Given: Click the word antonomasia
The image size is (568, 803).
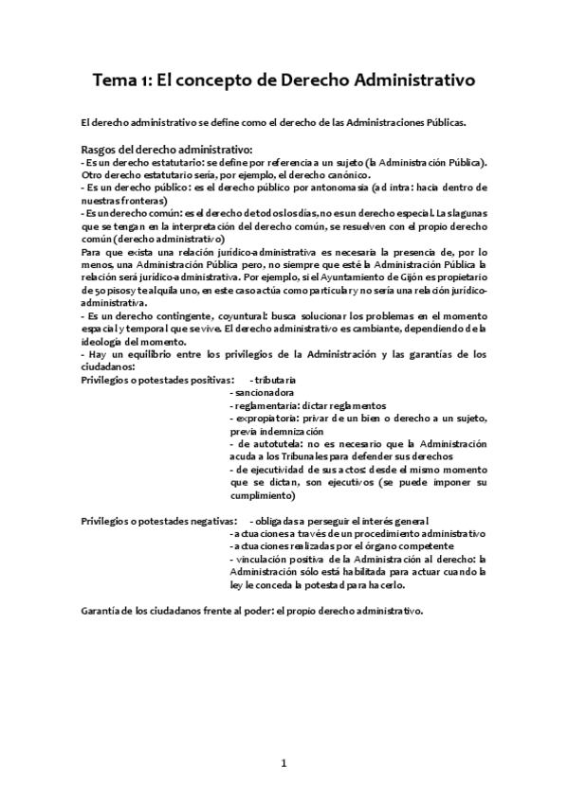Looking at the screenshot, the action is [x=338, y=187].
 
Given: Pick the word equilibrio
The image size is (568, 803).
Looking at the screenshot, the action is [x=150, y=354].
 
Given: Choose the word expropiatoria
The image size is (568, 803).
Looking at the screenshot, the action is [x=267, y=418].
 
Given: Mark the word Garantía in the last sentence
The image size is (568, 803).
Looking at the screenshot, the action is [x=102, y=611].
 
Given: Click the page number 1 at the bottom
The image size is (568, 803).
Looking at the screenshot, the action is [x=284, y=763].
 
